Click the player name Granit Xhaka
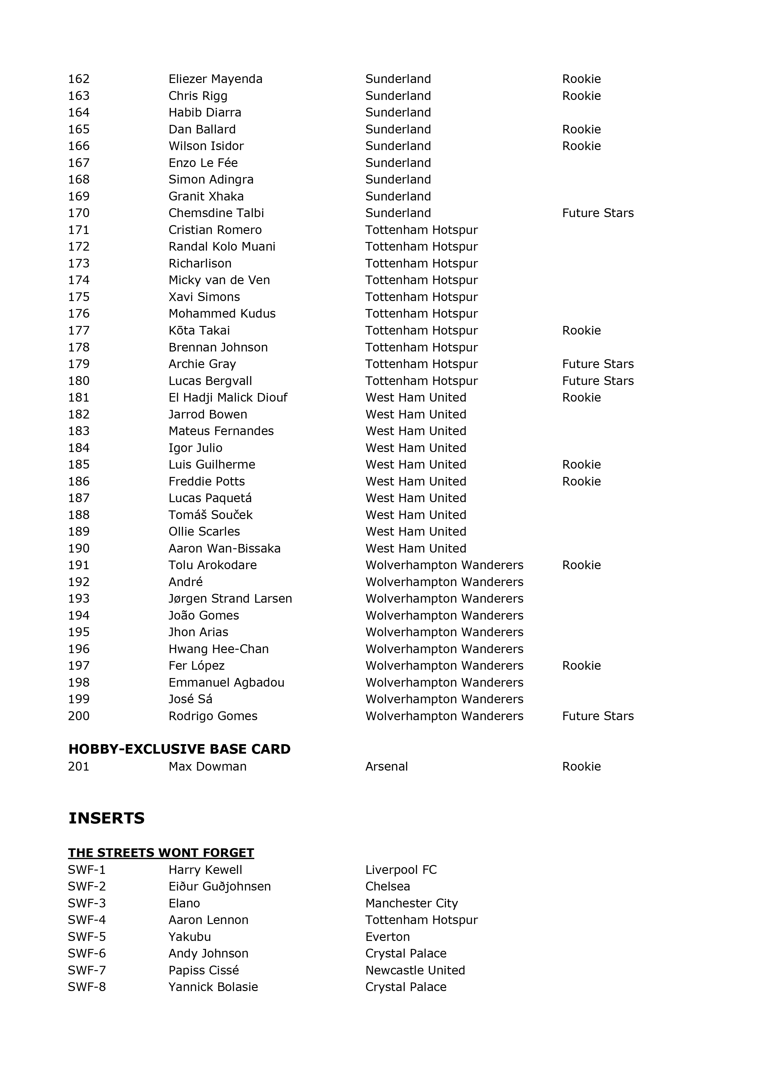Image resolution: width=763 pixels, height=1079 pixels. point(206,196)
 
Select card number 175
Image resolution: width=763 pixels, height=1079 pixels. point(78,297)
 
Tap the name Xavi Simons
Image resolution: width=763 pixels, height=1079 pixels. point(204,297)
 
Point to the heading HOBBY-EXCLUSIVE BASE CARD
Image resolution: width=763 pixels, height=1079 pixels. point(179,749)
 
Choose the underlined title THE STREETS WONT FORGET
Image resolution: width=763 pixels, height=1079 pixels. point(161,853)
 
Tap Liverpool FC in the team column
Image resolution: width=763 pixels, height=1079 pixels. point(400,870)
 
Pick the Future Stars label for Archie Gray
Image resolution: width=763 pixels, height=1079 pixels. point(598,364)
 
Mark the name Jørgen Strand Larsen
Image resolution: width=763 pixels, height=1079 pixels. point(230,599)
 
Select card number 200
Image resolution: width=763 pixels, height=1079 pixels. point(78,716)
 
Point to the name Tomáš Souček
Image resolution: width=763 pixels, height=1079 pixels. point(210,515)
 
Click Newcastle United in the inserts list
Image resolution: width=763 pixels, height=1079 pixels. point(415,970)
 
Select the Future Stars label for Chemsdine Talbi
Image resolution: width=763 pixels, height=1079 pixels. point(598,213)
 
